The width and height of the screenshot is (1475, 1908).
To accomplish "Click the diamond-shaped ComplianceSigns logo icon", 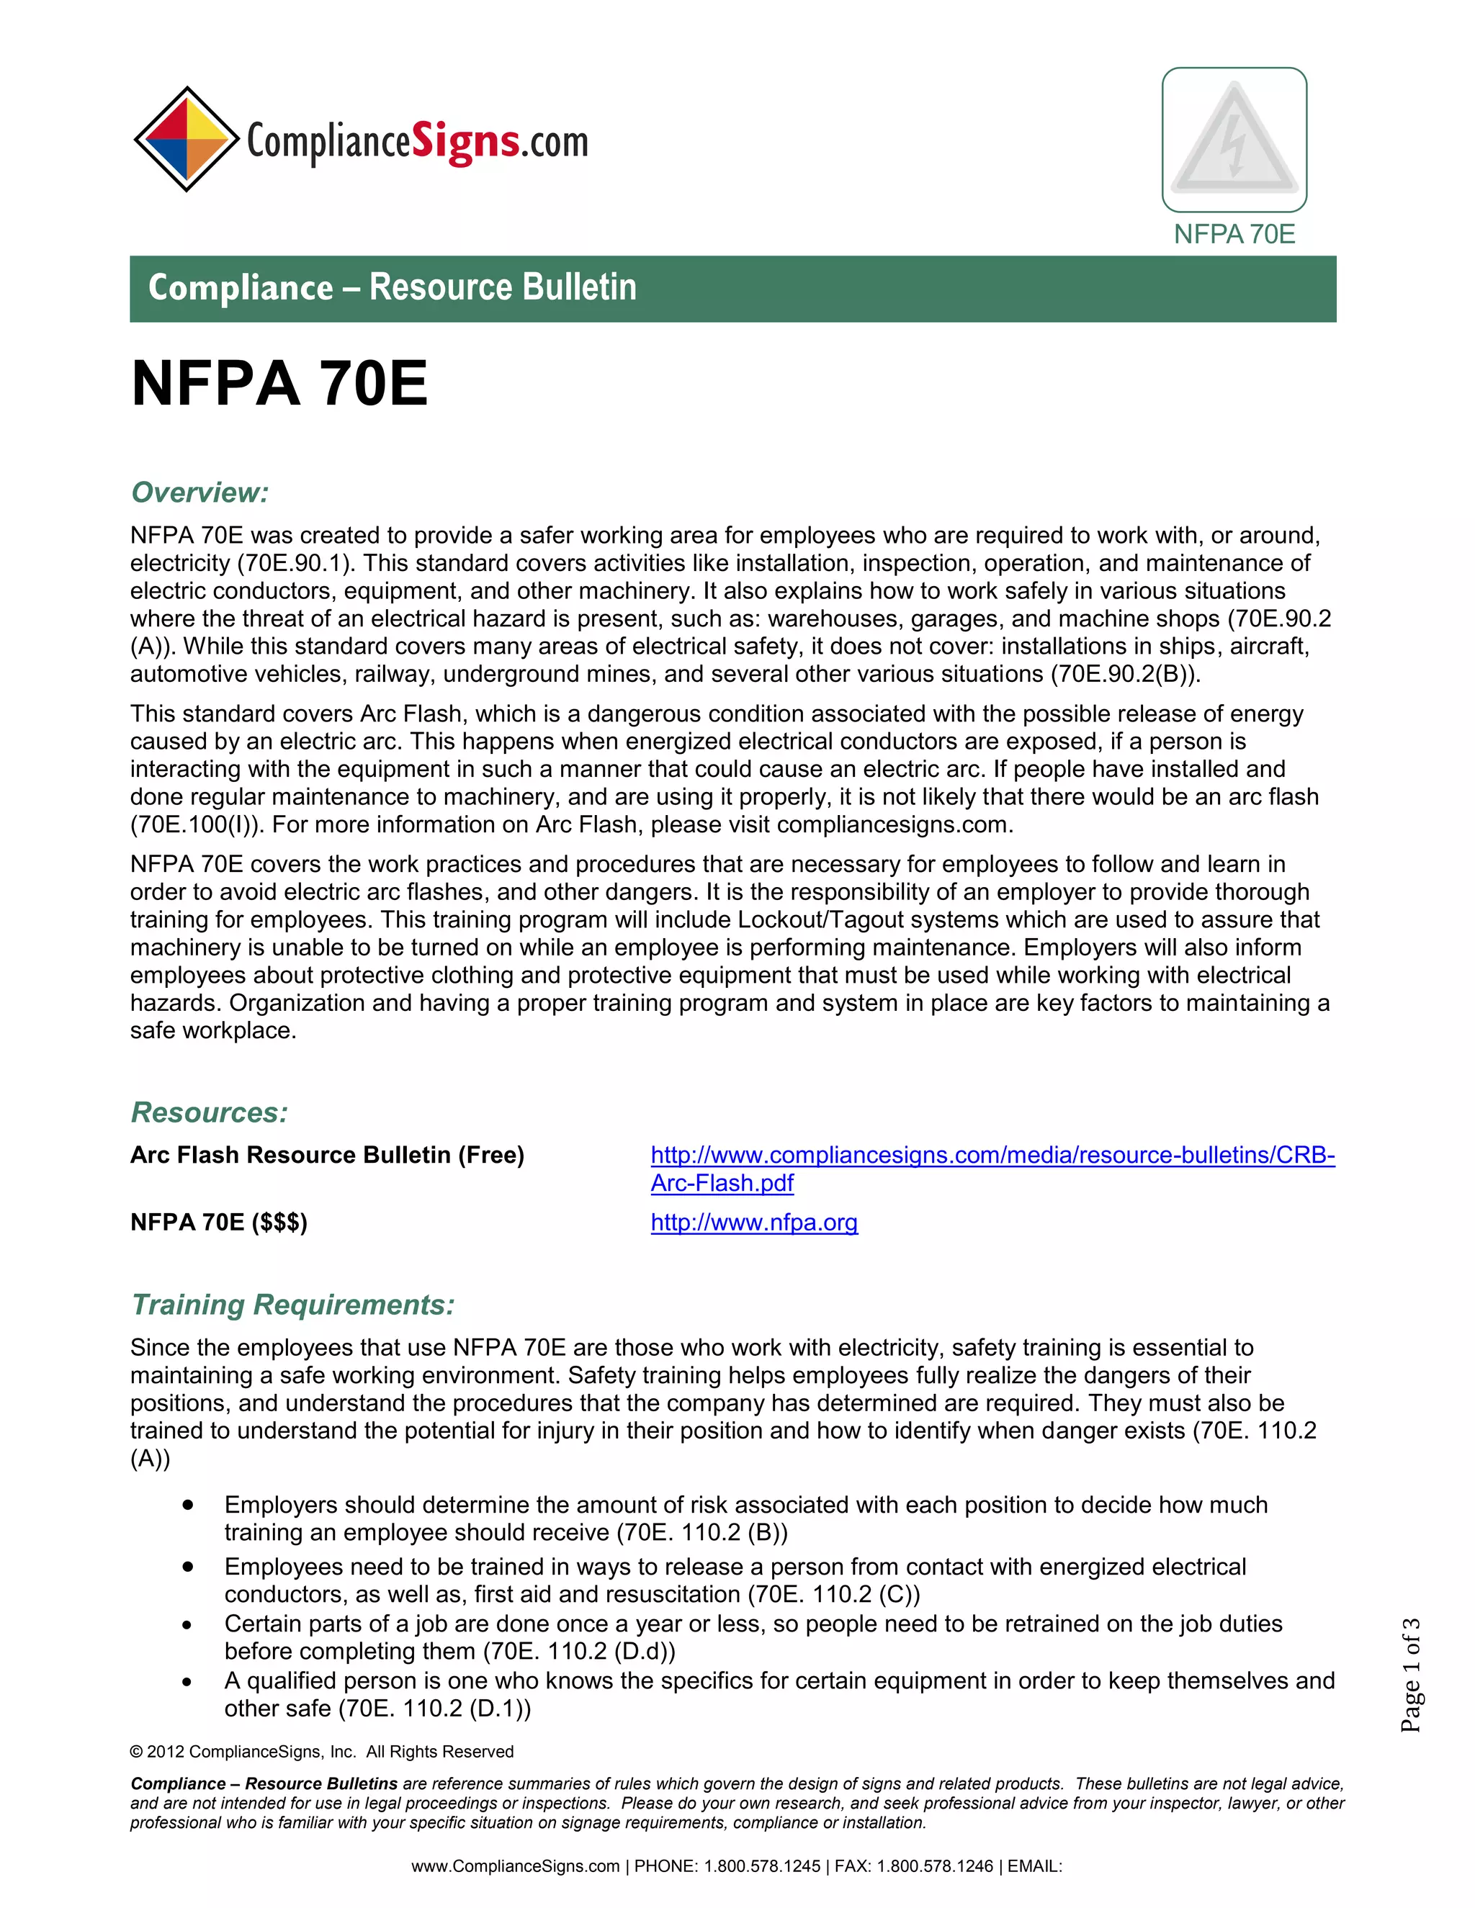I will coord(186,139).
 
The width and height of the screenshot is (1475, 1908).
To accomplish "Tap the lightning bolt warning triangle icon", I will coord(1233,139).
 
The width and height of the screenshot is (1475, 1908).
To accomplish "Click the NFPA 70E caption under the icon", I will coord(1233,234).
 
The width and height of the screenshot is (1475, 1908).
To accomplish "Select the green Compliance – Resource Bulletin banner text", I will coord(393,287).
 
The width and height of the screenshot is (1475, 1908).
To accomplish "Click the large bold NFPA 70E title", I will coord(279,384).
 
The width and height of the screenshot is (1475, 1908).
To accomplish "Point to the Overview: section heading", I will coord(199,492).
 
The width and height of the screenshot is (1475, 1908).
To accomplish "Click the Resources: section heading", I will coord(209,1112).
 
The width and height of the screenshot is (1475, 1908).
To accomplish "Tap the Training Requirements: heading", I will coord(292,1305).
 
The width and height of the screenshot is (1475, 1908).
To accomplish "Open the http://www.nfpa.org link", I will coord(753,1223).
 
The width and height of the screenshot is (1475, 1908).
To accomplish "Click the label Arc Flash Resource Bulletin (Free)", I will coord(327,1155).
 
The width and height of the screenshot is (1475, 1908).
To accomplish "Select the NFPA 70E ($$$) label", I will coord(218,1223).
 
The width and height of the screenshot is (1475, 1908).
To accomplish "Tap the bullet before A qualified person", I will coord(188,1682).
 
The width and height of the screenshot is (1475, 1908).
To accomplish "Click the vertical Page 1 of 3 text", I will coord(1410,1675).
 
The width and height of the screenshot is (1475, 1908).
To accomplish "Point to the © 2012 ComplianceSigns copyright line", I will coord(321,1752).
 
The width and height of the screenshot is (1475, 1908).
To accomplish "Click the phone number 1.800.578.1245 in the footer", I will coord(762,1866).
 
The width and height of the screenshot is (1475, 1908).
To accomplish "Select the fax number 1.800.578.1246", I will coord(935,1866).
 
